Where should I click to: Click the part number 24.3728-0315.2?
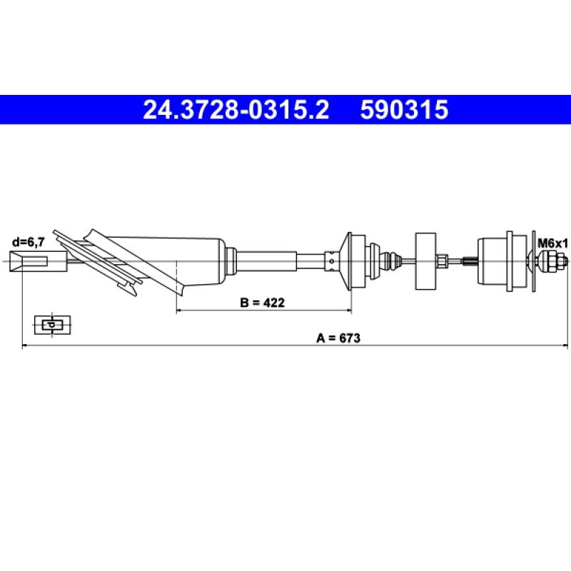(x=236, y=110)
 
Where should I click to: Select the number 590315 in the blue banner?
(x=404, y=110)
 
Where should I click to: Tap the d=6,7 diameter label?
(x=29, y=242)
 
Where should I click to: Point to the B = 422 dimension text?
(x=262, y=302)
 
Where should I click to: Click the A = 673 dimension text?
(x=338, y=338)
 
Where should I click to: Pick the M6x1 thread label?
(x=552, y=243)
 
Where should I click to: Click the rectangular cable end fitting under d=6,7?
(x=39, y=261)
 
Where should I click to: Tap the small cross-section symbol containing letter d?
(x=52, y=325)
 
